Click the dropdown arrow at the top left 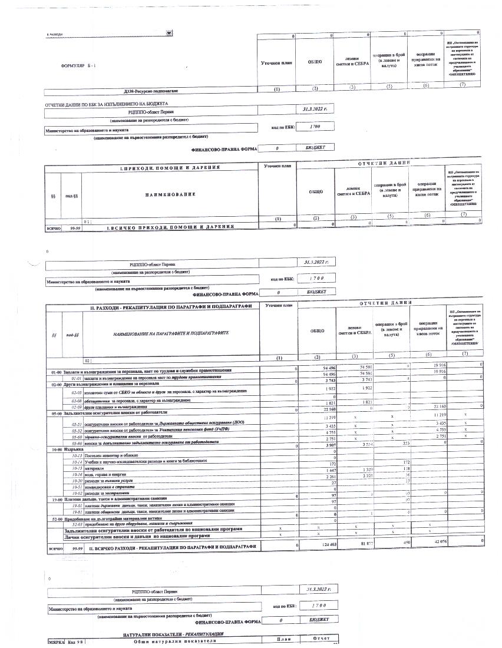170,33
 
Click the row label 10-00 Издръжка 70,449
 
